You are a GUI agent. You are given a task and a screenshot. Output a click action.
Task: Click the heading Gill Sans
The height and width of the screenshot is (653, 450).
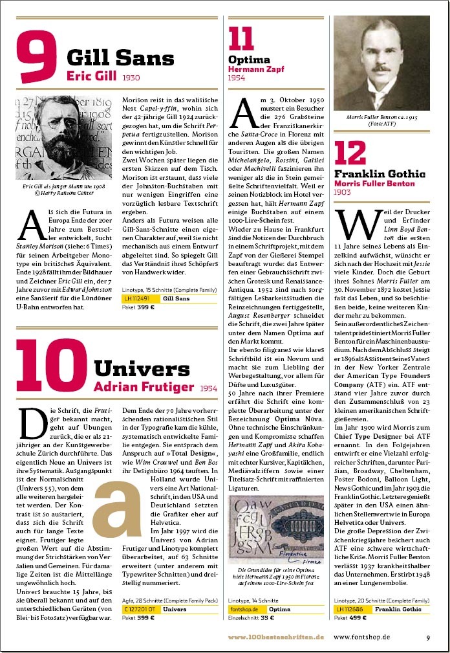[x=120, y=58]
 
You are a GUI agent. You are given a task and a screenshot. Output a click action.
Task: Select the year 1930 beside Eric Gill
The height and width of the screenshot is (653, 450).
[x=131, y=77]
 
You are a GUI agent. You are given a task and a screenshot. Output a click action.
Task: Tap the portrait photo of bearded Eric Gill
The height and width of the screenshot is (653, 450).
[x=55, y=138]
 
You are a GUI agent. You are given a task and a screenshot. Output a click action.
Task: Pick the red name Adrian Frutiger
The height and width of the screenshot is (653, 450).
[x=144, y=387]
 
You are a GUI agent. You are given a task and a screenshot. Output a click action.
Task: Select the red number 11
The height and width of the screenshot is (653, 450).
[x=241, y=40]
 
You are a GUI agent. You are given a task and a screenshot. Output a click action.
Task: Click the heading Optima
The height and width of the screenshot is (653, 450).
[x=241, y=60]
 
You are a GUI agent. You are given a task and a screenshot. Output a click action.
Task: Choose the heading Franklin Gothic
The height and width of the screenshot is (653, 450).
[x=380, y=173]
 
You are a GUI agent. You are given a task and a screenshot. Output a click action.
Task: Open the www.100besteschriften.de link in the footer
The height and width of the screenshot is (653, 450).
[x=275, y=637]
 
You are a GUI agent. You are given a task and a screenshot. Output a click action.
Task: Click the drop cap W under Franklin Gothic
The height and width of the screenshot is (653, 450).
[x=350, y=226]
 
